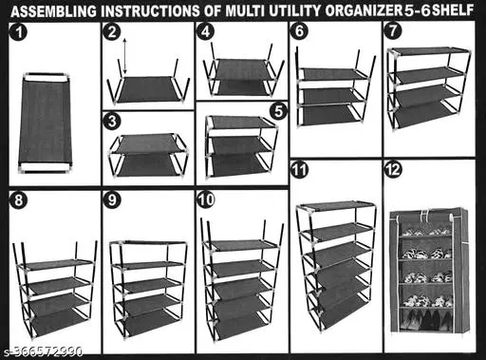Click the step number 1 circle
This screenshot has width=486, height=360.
pos(19,32)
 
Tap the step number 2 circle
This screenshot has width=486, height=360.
pos(112,32)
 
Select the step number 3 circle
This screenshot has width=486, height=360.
pos(112,122)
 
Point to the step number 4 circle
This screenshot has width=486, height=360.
pos(206,32)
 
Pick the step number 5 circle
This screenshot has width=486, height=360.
pos(278,111)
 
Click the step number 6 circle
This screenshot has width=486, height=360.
pos(299,31)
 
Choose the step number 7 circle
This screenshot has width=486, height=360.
pos(393,31)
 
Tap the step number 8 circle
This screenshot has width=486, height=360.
pos(19,200)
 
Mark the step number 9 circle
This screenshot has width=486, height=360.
pos(112,200)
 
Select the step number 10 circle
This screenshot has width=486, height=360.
pos(206,200)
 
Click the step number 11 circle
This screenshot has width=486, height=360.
pos(299,170)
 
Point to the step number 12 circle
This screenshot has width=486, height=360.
pos(393,170)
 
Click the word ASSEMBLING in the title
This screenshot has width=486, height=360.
pos(54,11)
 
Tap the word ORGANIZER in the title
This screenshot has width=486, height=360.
pos(364,11)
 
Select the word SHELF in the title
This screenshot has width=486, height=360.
pos(453,10)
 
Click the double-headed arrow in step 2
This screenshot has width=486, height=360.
pos(124,56)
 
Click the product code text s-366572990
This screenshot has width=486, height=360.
pos(44,351)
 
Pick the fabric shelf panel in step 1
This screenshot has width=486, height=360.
pos(45,123)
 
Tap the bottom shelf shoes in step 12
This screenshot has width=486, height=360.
pos(424,319)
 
